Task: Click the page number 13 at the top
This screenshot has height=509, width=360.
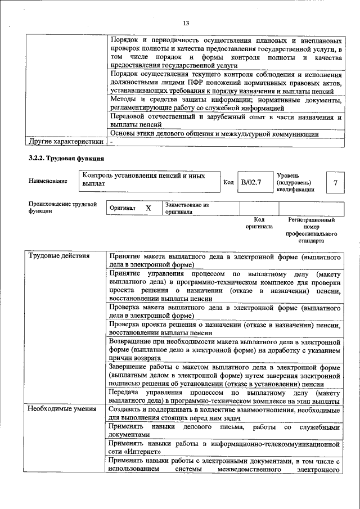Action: coord(186,22)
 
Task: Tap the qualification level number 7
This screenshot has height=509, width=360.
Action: coord(335,183)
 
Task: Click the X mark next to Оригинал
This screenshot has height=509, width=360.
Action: coord(148,208)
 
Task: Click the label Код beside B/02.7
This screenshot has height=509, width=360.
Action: coord(228,182)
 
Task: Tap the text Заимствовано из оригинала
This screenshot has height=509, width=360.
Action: coord(187,209)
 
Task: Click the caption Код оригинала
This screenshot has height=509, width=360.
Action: coord(259,223)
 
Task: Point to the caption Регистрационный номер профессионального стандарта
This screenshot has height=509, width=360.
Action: coord(311,230)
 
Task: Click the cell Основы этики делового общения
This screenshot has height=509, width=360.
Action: coord(214,134)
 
